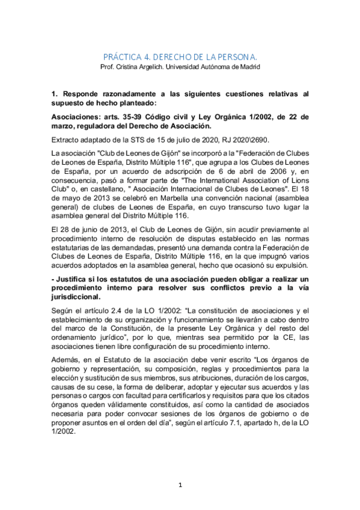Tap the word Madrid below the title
pyautogui.click(x=248, y=66)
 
